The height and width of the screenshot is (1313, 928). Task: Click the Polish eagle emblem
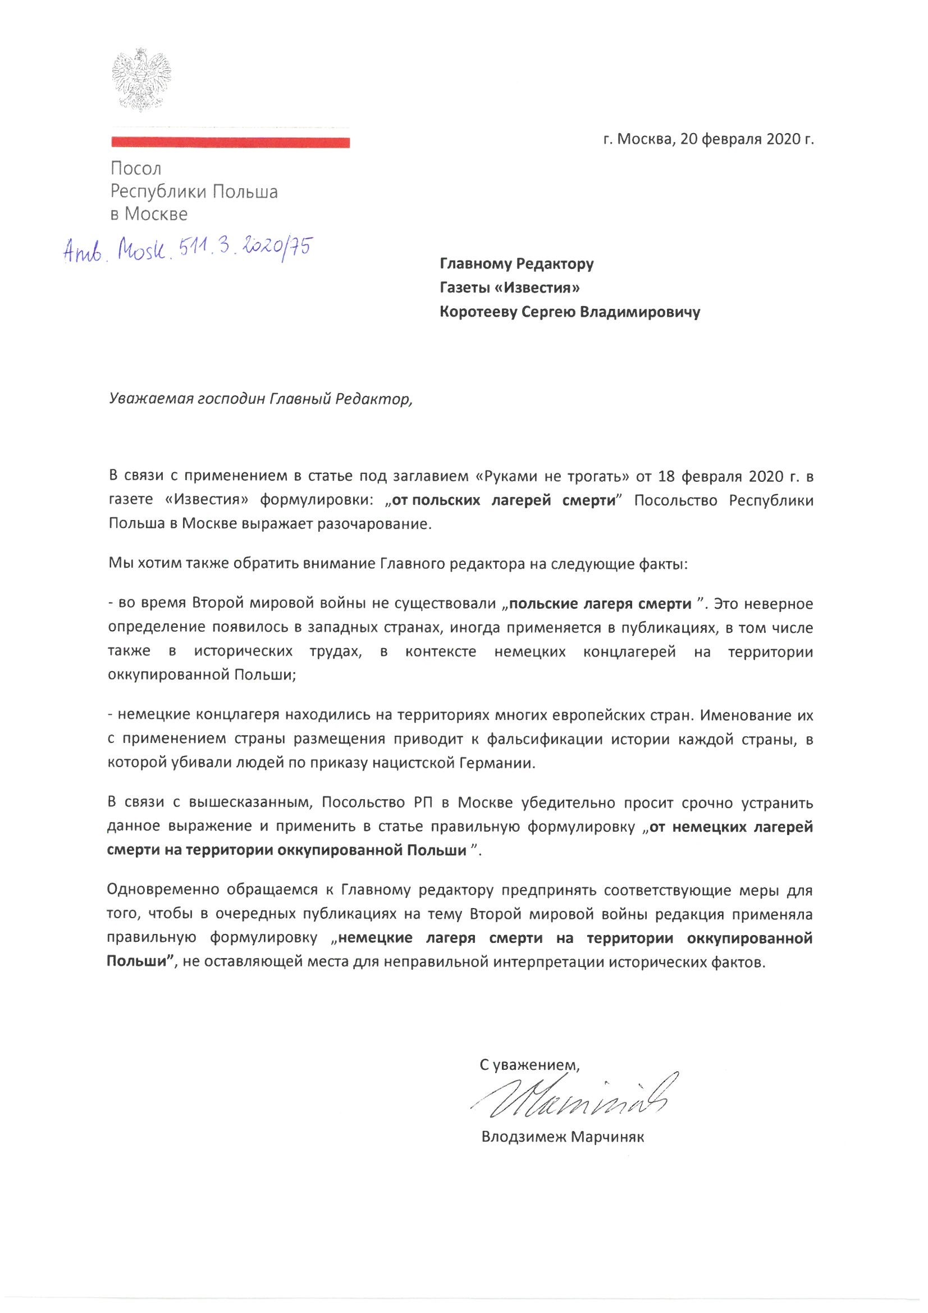141,80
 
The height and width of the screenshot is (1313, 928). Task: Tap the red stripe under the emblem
230,143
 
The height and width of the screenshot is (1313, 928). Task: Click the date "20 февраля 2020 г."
747,140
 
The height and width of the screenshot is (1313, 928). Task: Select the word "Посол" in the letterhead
136,168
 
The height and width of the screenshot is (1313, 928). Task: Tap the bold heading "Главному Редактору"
516,264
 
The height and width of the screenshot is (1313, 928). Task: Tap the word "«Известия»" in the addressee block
536,288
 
